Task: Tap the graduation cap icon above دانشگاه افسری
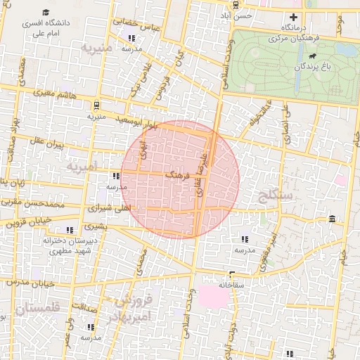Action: (46, 13)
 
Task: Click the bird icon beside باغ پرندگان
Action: (311, 56)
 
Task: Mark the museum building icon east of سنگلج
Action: (331, 221)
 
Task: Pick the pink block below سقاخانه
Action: (214, 296)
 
